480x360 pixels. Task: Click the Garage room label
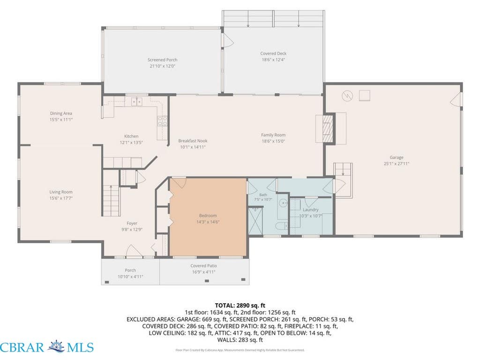[x=397, y=157]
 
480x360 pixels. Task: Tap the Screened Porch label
[x=162, y=60]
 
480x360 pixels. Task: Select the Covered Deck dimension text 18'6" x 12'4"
[x=273, y=60]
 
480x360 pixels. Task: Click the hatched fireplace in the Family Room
[x=329, y=128]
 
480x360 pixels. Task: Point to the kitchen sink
[x=137, y=101]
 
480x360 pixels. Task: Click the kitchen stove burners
[x=162, y=121]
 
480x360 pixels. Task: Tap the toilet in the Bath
[x=281, y=226]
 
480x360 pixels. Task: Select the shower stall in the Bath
[x=255, y=221]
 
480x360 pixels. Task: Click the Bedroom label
[x=208, y=216]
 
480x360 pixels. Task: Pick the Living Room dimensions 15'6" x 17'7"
[x=61, y=198]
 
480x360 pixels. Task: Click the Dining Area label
[x=61, y=113]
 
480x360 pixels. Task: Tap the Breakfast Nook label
[x=193, y=141]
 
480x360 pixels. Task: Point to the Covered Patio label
[x=203, y=266]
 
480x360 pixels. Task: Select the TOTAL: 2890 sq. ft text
[x=240, y=305]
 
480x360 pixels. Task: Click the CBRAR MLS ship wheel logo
[x=57, y=347]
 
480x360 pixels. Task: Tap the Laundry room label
[x=311, y=210]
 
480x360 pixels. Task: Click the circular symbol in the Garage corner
[x=347, y=96]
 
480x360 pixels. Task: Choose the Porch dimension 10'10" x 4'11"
[x=130, y=277]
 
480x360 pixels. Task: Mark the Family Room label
[x=273, y=135]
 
